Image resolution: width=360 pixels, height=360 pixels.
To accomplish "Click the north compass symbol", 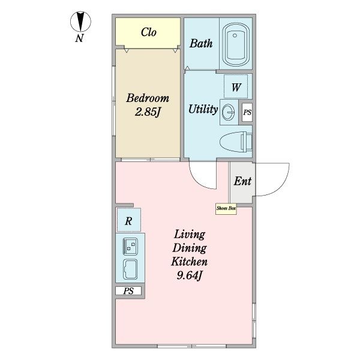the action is (80, 22).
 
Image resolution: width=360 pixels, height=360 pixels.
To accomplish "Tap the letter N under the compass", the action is (79, 38).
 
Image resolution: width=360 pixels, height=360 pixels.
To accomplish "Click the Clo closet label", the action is (149, 32).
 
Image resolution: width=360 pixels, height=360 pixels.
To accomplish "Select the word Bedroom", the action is (148, 98).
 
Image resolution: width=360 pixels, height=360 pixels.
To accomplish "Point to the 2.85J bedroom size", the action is (147, 112).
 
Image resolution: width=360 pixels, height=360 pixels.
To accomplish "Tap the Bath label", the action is (201, 43).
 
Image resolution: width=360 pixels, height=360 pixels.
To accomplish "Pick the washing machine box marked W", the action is (236, 87).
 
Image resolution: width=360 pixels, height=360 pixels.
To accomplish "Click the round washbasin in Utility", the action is (228, 112).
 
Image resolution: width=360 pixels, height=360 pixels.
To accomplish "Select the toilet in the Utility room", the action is (236, 142).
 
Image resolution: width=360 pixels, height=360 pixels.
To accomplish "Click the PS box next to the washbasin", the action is (247, 113).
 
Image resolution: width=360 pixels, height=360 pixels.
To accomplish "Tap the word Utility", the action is (203, 109).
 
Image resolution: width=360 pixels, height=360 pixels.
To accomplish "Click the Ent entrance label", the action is (242, 181).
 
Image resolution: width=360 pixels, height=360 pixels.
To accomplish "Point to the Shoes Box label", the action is (226, 208).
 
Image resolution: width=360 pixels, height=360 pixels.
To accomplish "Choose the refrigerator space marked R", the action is (129, 220).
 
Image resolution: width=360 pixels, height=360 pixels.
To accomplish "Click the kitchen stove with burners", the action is (130, 246).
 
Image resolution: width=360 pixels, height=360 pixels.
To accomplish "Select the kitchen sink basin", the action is (130, 269).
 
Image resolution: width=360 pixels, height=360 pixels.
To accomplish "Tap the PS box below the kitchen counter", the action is (128, 291).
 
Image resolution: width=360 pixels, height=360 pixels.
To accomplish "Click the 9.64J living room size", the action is (189, 275).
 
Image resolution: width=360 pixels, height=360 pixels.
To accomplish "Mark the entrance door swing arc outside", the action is (281, 187).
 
